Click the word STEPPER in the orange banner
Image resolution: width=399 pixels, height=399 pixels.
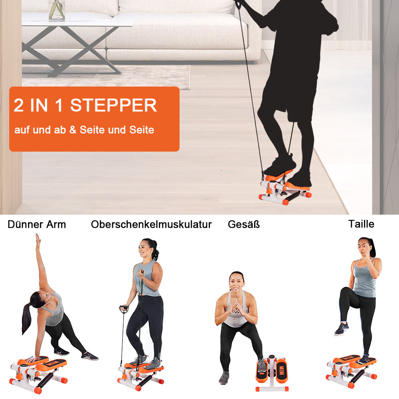(x=113, y=105)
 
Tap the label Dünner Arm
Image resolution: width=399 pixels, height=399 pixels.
(x=37, y=224)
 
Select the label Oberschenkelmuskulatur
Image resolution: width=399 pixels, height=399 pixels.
(x=151, y=224)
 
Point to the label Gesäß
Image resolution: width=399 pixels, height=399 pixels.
(x=244, y=224)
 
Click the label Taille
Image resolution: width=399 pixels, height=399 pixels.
(x=361, y=224)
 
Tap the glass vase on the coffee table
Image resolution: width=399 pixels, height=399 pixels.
(x=57, y=10)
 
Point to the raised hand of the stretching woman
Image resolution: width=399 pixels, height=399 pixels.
(x=38, y=239)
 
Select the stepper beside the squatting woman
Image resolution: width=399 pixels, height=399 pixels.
(x=272, y=373)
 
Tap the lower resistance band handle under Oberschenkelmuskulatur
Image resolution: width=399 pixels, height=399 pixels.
(x=124, y=309)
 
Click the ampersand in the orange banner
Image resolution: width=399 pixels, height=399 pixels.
(x=73, y=130)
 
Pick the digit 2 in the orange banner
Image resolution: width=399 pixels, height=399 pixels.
(x=19, y=105)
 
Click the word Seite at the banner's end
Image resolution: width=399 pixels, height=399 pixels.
(x=142, y=130)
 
